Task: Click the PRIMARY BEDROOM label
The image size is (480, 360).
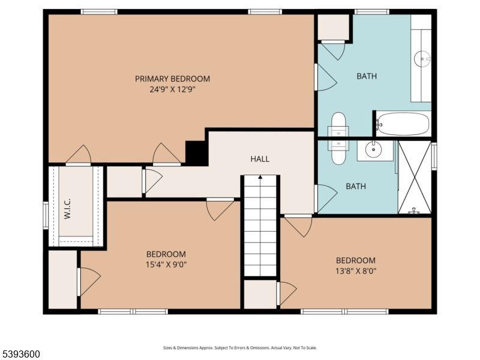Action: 172,79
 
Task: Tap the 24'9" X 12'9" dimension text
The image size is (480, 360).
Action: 172,89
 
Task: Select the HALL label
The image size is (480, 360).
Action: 260,159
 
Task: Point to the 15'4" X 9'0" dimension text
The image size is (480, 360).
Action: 166,264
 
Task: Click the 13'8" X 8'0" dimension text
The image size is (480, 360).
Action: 355,270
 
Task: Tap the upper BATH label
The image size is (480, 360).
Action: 367,76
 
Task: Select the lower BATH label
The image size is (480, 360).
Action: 356,187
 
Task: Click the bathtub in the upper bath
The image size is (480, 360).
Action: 403,124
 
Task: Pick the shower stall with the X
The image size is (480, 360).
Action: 415,176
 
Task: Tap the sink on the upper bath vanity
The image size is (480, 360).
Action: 422,58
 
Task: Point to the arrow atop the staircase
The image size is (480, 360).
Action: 260,178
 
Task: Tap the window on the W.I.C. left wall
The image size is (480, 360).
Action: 46,215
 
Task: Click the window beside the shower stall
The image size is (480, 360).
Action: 434,156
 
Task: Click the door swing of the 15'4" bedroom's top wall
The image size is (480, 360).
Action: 220,209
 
